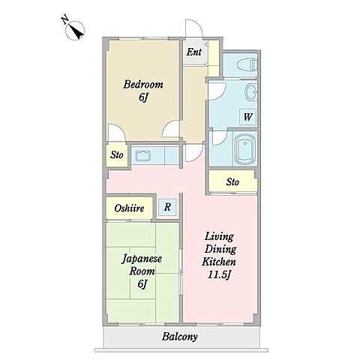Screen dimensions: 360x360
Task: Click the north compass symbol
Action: click(75, 31)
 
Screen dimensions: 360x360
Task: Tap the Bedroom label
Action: click(143, 85)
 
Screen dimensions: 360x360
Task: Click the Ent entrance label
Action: click(194, 52)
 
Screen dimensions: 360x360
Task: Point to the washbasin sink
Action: click(251, 91)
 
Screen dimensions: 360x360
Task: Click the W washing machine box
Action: click(247, 117)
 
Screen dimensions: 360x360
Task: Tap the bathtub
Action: click(244, 148)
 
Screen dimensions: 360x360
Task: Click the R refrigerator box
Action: click(167, 207)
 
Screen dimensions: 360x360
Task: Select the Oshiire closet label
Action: click(129, 208)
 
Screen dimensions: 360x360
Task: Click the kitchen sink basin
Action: click(142, 155)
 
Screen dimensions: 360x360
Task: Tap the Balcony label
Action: click(179, 337)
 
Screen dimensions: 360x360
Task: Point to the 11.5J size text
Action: click(219, 275)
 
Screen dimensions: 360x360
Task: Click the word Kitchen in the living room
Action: click(218, 262)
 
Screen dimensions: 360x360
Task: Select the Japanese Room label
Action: click(142, 265)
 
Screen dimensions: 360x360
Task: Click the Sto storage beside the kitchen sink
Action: click(117, 155)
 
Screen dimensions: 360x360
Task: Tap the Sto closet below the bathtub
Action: click(232, 181)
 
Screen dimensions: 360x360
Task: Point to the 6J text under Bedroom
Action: click(143, 97)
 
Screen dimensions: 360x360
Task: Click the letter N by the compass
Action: click(65, 19)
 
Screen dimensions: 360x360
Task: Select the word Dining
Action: click(220, 249)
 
